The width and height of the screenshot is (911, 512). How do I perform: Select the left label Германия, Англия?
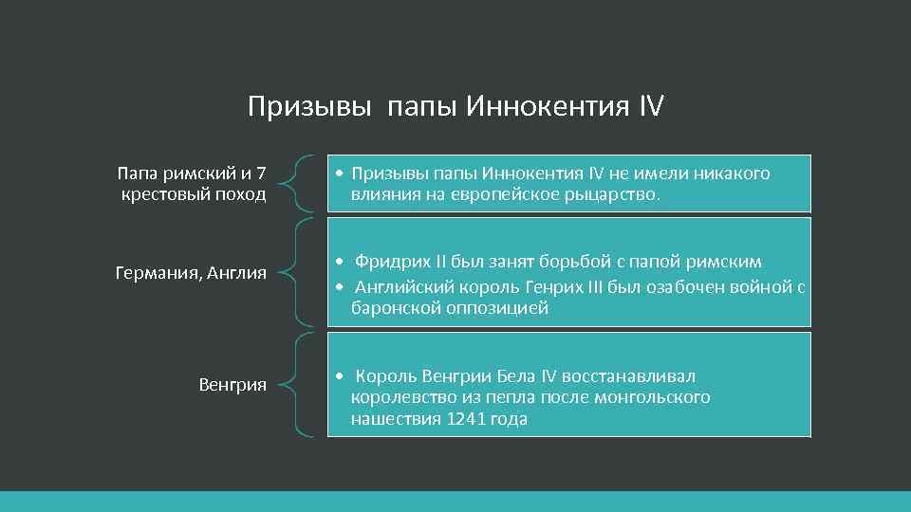[x=191, y=274]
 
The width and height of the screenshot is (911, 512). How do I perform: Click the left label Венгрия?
[x=232, y=384]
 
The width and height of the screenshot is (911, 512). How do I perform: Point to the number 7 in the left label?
[x=261, y=174]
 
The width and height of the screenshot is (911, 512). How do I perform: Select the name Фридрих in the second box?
[x=391, y=262]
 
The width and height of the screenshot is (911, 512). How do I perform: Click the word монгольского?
[x=652, y=397]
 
